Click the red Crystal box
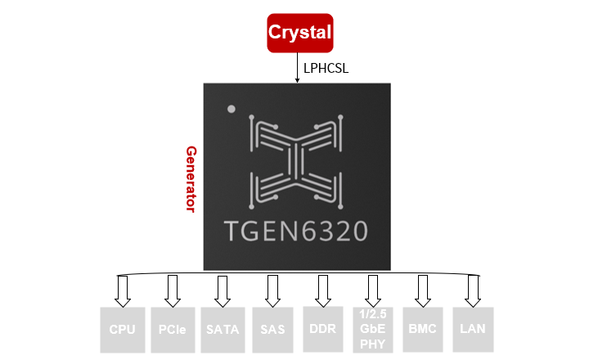[x=300, y=34]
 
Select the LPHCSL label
[x=326, y=68]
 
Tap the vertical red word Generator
[x=191, y=179]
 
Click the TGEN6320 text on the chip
[x=296, y=230]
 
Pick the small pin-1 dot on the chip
[x=232, y=108]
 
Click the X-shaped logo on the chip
[x=296, y=160]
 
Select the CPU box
[x=122, y=329]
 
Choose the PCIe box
[x=173, y=329]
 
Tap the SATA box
[x=222, y=329]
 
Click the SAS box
[x=272, y=329]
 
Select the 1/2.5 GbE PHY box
[x=373, y=329]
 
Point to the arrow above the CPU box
[x=123, y=290]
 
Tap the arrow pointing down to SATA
[x=222, y=290]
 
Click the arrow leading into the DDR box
[x=323, y=290]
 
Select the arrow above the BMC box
[x=423, y=290]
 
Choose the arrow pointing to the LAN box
[x=473, y=290]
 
